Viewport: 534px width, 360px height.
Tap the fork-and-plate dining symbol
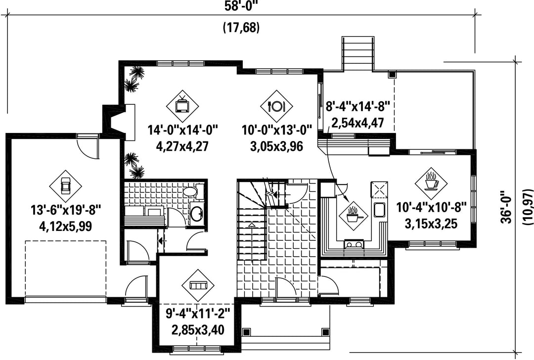pyautogui.click(x=276, y=106)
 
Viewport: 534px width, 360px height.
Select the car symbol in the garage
pyautogui.click(x=65, y=186)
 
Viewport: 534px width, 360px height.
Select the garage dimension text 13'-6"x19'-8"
pyautogui.click(x=66, y=210)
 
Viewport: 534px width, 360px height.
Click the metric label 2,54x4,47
pyautogui.click(x=357, y=123)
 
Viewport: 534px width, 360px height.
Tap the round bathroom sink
pyautogui.click(x=197, y=213)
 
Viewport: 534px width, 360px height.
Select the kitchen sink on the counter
pyautogui.click(x=379, y=210)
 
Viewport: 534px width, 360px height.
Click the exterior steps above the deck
pyautogui.click(x=357, y=54)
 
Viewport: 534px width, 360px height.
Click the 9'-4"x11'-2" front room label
pyautogui.click(x=198, y=313)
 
